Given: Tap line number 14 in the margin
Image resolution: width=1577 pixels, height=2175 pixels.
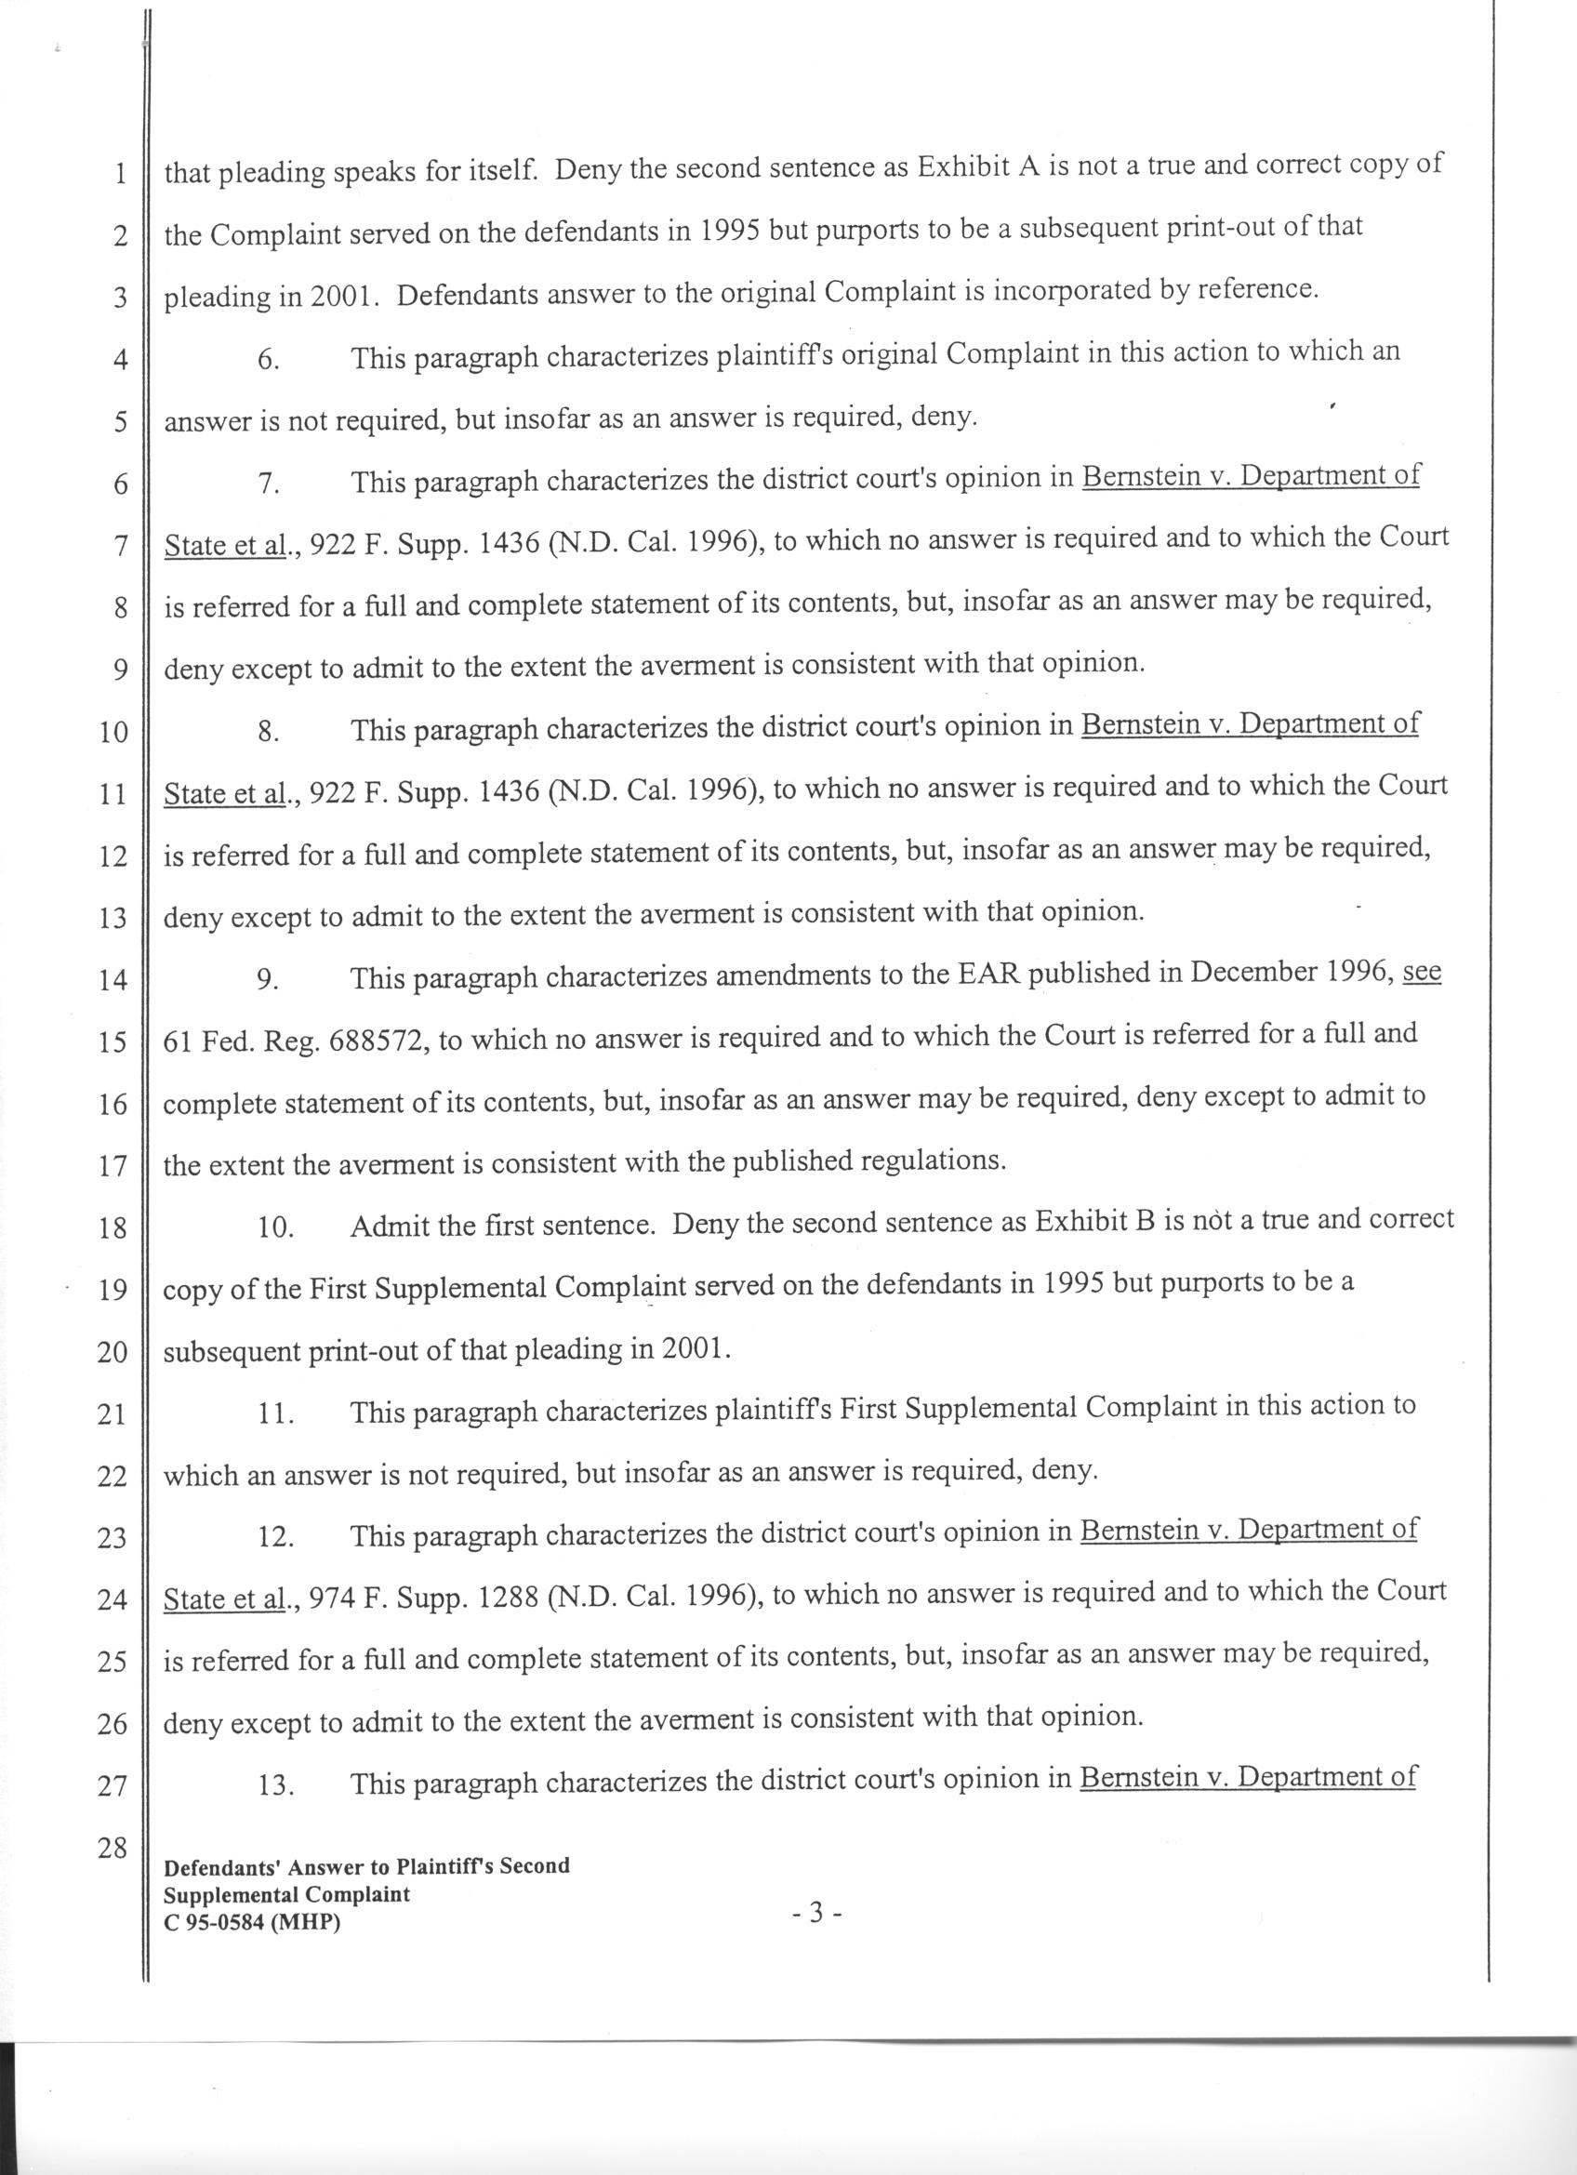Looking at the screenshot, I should [x=113, y=980].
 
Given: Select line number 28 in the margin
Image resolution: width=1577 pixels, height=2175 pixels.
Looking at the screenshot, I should [x=113, y=1848].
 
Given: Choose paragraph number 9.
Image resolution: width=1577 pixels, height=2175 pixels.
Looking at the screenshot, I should [x=269, y=980].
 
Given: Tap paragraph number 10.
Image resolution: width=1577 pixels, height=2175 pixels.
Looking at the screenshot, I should [x=276, y=1227].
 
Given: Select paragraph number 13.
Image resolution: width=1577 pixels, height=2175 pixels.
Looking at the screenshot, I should [x=276, y=1784].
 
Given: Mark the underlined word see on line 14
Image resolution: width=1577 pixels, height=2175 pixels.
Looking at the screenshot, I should [x=1422, y=973].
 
